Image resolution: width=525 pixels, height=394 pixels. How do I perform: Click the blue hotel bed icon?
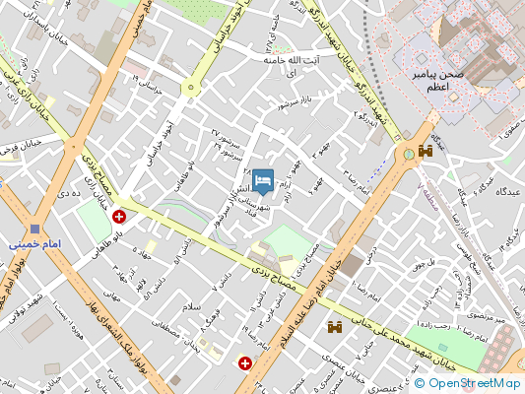[262, 180]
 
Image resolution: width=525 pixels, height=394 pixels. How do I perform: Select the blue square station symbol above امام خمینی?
[34, 227]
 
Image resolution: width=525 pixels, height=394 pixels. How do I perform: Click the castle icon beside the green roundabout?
[426, 152]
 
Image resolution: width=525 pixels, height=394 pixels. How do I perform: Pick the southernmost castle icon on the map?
[335, 326]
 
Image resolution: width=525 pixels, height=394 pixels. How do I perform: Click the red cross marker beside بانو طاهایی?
[119, 216]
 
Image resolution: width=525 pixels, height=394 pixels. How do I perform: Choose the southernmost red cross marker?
[244, 363]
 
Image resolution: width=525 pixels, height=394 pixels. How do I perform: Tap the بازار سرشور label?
[295, 102]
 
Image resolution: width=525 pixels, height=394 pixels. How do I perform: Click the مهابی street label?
[111, 294]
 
